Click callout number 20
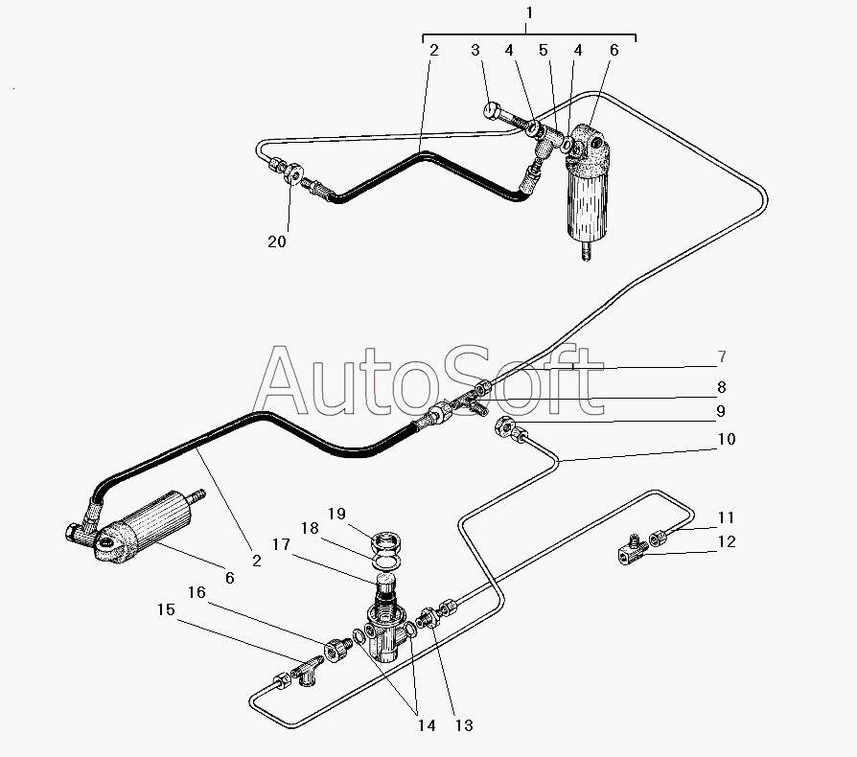(277, 241)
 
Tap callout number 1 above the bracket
(528, 12)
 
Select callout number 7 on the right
(722, 356)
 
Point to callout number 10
(727, 439)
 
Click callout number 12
(727, 541)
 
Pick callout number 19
(336, 514)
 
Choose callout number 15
(166, 609)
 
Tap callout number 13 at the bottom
(464, 725)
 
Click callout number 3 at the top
(475, 50)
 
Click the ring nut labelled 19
(387, 543)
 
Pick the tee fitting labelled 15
(308, 669)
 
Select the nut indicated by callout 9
(504, 425)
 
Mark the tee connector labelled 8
(469, 404)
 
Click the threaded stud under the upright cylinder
(587, 251)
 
